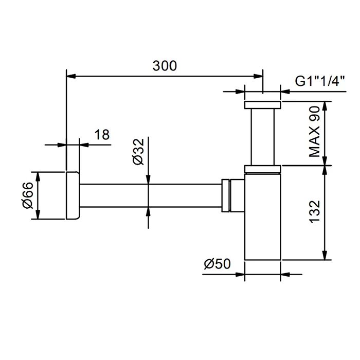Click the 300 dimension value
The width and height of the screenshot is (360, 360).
[x=165, y=66]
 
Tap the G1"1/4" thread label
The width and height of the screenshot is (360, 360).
[x=320, y=81]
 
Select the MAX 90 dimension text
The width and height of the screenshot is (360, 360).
[x=315, y=132]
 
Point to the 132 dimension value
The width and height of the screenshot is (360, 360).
[x=315, y=211]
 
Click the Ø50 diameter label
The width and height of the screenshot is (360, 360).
[x=217, y=263]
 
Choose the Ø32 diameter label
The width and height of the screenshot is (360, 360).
[x=138, y=152]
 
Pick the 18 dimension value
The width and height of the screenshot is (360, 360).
[x=102, y=135]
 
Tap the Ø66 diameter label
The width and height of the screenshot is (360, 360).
[x=28, y=195]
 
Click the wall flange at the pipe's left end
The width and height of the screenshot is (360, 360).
[x=73, y=195]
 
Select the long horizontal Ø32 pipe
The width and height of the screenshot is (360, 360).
[x=151, y=195]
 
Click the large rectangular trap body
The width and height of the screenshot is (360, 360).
[x=263, y=217]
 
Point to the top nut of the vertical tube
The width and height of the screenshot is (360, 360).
[x=263, y=105]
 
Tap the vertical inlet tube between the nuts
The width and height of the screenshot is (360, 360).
[x=263, y=137]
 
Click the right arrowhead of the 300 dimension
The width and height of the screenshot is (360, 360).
[x=258, y=76]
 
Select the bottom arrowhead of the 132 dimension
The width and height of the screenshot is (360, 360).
[x=325, y=255]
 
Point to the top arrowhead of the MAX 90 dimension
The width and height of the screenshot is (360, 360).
[x=325, y=106]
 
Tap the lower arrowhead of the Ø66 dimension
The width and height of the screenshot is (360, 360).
[x=38, y=214]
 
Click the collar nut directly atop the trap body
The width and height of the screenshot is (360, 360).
[x=263, y=169]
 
